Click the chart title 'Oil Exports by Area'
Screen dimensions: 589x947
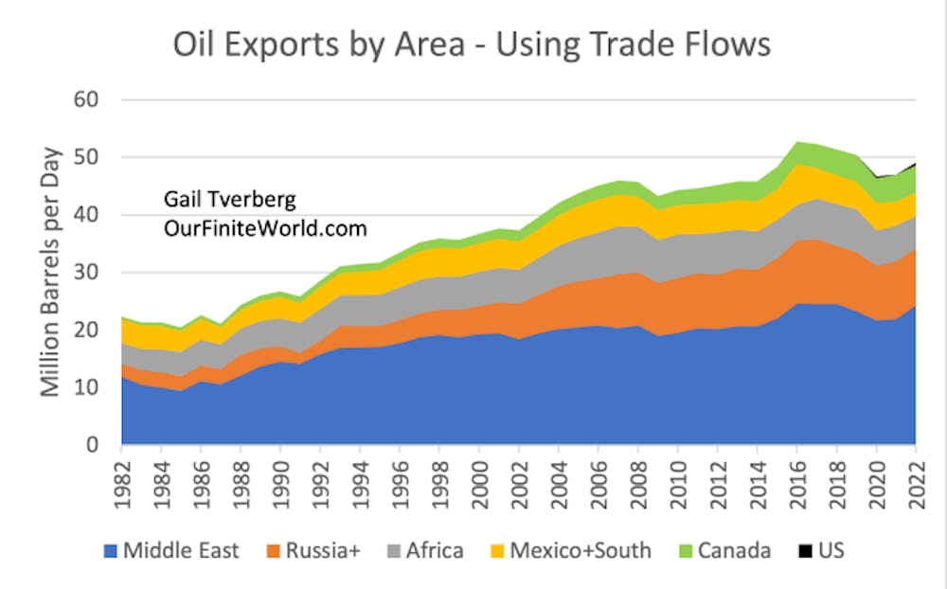471,44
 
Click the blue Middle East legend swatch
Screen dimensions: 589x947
112,549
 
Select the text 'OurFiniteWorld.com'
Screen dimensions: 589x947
264,229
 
